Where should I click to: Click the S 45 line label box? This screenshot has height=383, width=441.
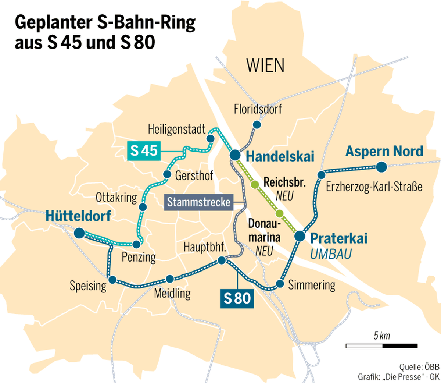144,151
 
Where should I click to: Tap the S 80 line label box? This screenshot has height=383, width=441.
237,298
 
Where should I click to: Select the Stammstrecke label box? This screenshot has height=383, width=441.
198,202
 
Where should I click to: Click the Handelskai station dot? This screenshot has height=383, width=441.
235,155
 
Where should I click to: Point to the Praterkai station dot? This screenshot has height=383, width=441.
300,236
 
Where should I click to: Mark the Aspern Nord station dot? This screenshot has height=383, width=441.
381,167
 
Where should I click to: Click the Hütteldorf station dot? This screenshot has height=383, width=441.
79,233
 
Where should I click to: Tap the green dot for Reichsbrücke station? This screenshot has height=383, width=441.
254,185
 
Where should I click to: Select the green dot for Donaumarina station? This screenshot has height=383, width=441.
279,213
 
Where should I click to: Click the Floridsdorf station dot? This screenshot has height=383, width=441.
257,125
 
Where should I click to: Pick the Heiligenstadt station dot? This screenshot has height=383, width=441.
211,138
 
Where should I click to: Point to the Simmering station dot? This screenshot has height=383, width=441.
280,284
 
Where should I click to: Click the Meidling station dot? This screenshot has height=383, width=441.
170,279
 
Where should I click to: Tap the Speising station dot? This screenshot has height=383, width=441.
112,280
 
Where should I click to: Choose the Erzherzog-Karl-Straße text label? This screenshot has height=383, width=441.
374,187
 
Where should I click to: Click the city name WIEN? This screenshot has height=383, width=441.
265,66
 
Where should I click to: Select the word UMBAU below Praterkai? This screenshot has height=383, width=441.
331,254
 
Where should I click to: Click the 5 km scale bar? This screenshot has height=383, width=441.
381,345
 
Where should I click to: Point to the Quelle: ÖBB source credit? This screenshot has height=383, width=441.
419,366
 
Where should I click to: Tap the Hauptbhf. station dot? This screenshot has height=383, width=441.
222,260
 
